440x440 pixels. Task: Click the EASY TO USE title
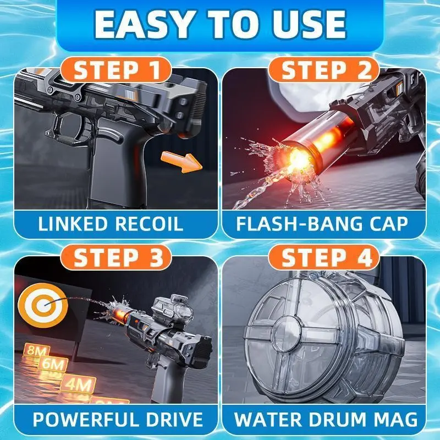(221, 24)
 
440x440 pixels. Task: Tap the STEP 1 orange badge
(116, 70)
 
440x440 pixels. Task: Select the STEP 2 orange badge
(324, 70)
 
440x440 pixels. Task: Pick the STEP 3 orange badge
(116, 257)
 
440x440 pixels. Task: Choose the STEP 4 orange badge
(324, 257)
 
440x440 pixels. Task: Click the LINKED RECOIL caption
(111, 224)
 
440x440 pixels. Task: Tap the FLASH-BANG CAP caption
(322, 224)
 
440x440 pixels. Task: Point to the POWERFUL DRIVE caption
(118, 420)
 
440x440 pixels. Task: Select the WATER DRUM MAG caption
(326, 420)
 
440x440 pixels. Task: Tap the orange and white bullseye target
(43, 306)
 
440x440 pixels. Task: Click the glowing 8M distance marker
(36, 351)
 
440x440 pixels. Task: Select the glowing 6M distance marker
(53, 365)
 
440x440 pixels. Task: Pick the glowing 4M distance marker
(78, 384)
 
